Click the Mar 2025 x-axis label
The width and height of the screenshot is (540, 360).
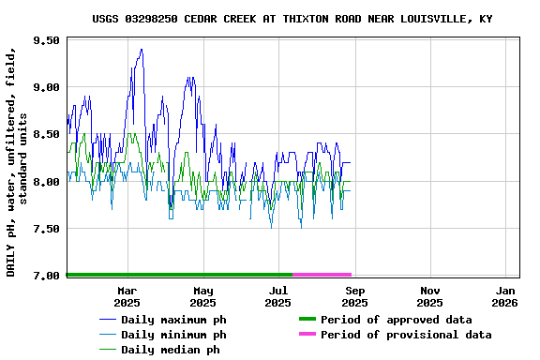(x=127, y=296)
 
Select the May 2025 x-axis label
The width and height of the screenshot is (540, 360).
(x=202, y=296)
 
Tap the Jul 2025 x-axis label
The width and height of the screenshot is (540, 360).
(x=278, y=296)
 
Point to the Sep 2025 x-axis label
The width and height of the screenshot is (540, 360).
(x=354, y=296)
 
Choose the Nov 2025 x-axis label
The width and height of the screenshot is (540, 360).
(x=429, y=296)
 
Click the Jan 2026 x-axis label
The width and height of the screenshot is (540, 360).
(x=505, y=296)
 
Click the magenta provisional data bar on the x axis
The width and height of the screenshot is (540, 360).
(x=322, y=275)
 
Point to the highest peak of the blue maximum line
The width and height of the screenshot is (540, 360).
(x=142, y=50)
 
